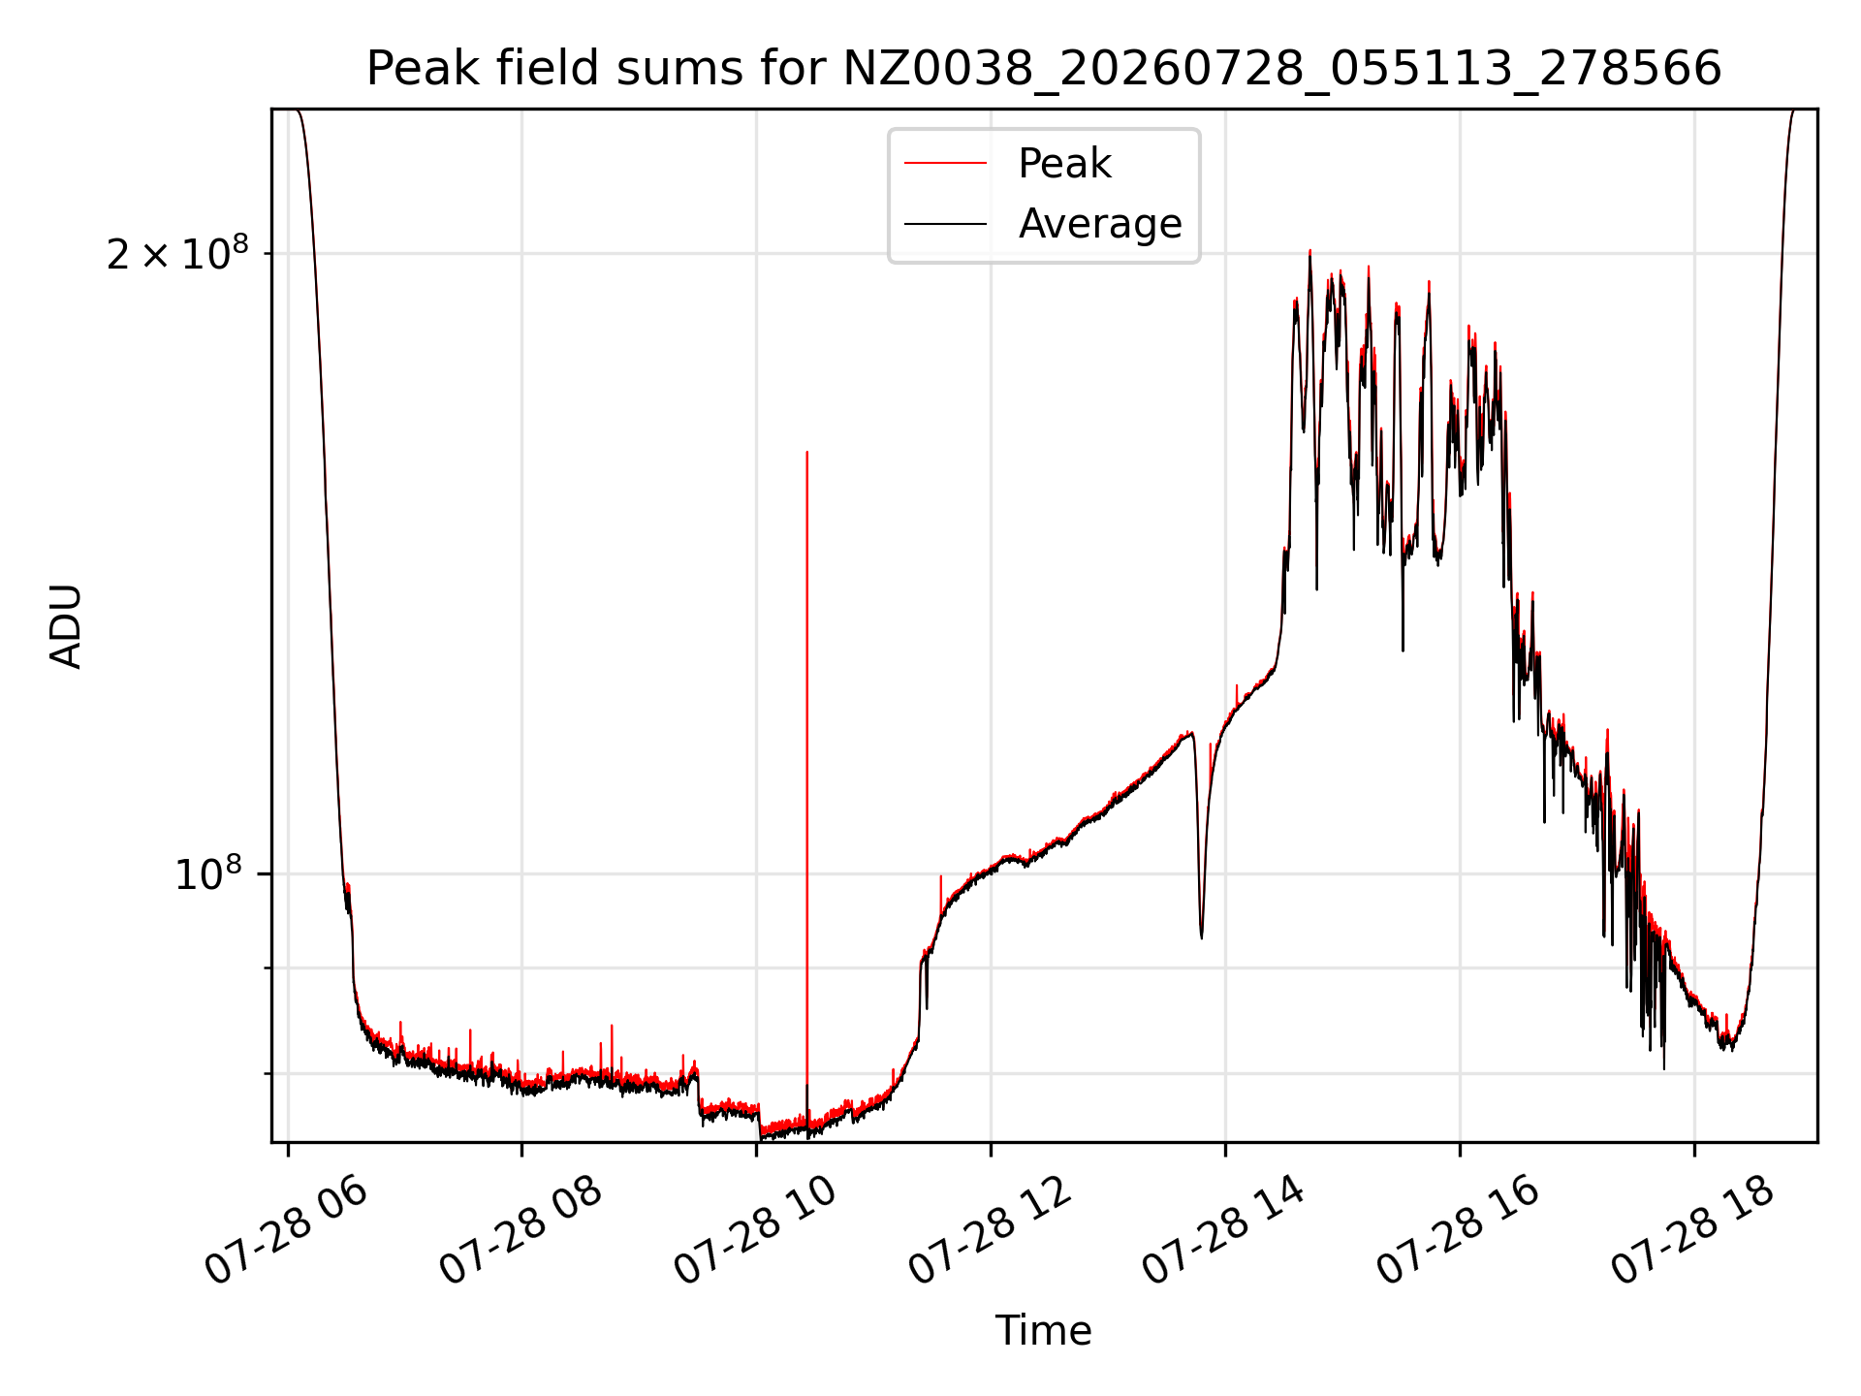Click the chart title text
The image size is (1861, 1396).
(x=1044, y=69)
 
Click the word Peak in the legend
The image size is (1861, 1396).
(x=1064, y=164)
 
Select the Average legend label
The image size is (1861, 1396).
(x=1100, y=224)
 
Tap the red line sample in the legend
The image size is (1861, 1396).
(x=946, y=164)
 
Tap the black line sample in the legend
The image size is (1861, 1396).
(x=946, y=224)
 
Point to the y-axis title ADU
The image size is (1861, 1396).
(x=66, y=626)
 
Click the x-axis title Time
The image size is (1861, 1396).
(x=1044, y=1331)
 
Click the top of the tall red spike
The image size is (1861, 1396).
(x=807, y=452)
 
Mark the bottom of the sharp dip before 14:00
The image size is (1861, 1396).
(x=1202, y=937)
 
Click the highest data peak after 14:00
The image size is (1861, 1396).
(x=1309, y=251)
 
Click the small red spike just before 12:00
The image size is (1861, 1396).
(x=940, y=876)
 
